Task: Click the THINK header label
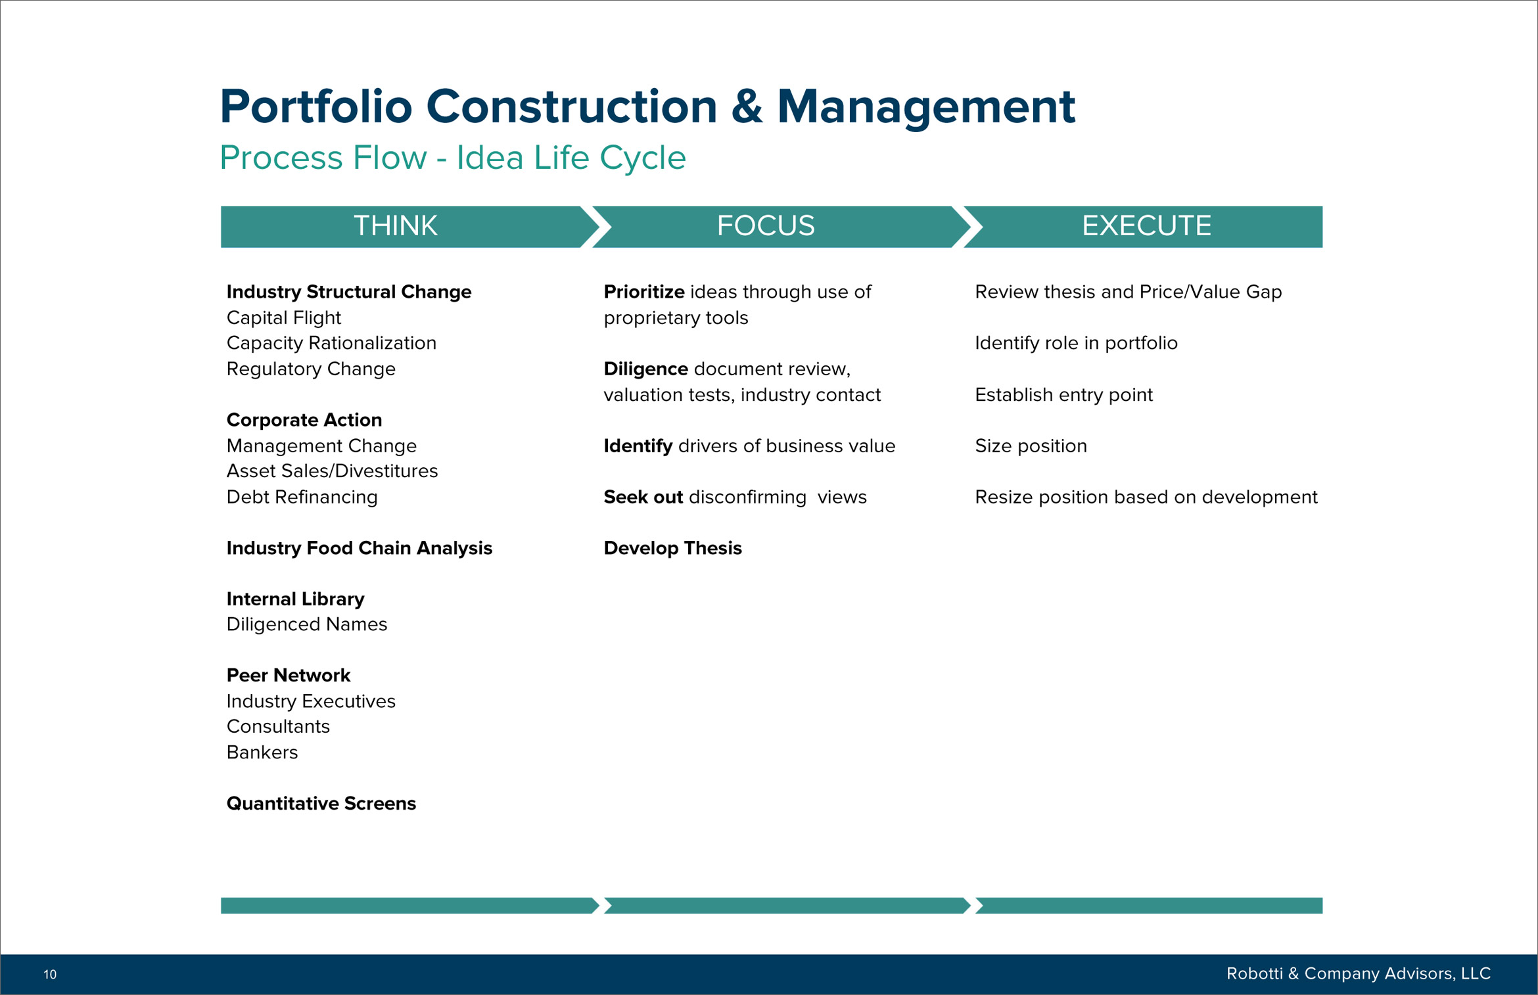click(395, 226)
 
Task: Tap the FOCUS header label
click(766, 226)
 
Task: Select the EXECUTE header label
click(1146, 226)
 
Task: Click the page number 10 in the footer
click(50, 975)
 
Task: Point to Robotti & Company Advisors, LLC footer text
click(1358, 973)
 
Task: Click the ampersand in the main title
click(747, 106)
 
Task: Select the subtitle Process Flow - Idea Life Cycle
click(453, 158)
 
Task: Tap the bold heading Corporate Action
click(304, 420)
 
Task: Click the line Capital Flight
click(284, 318)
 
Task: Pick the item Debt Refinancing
click(302, 497)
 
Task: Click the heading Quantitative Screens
click(321, 804)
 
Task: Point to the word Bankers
click(262, 752)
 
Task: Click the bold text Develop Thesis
click(673, 548)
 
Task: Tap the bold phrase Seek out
click(643, 497)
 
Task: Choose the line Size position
click(1031, 446)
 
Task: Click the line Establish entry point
click(1064, 395)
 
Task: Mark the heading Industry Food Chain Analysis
click(360, 548)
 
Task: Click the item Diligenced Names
click(307, 624)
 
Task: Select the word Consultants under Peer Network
click(278, 727)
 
